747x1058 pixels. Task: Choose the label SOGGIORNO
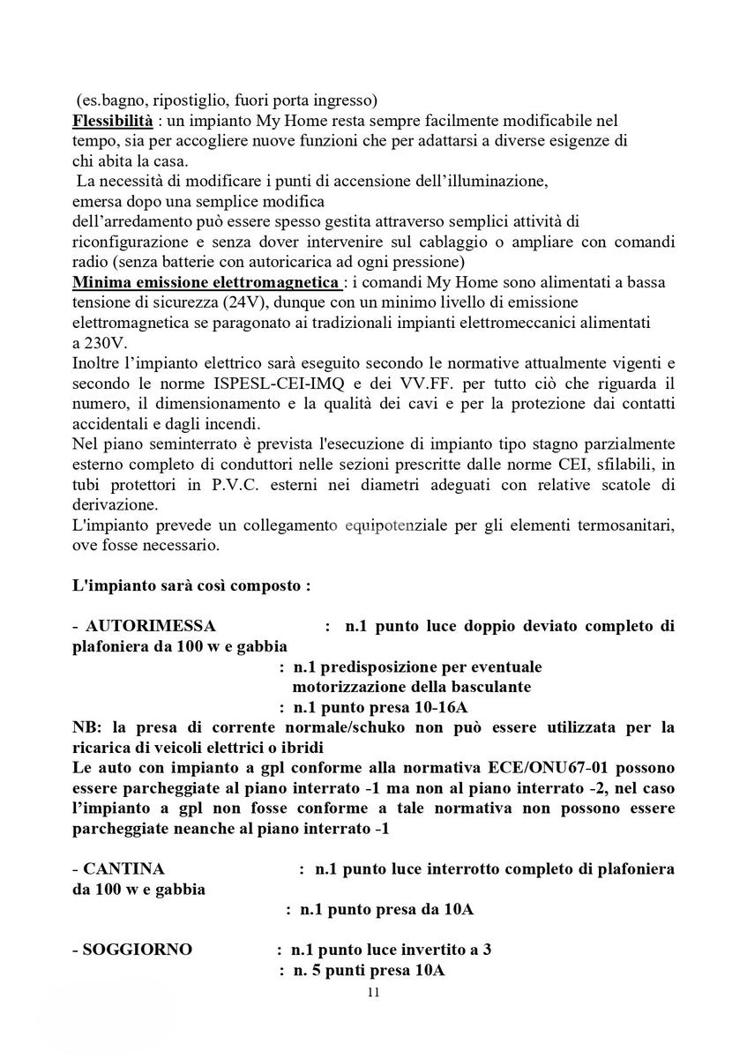138,950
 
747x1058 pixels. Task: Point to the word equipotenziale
409,525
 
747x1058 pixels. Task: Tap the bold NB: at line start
87,727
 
